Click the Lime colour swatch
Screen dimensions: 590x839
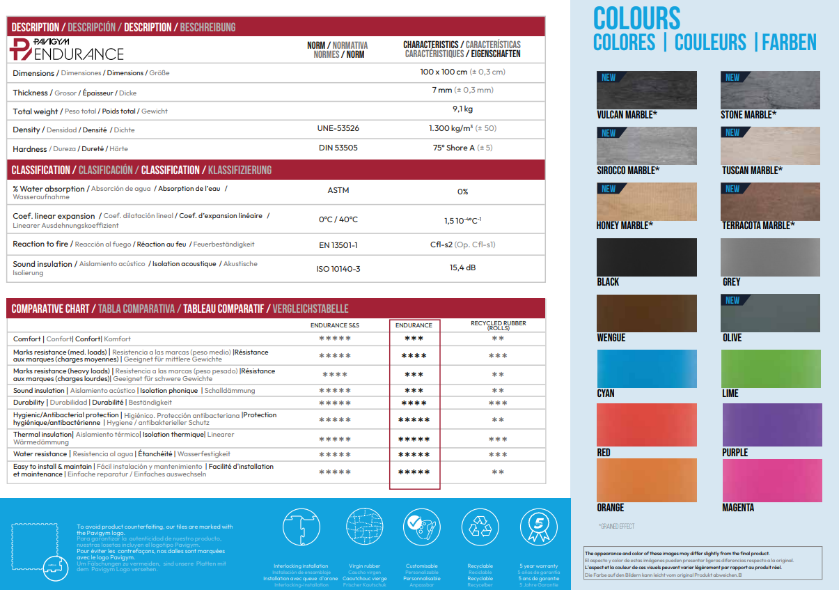point(771,368)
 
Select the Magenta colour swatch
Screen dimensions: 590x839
point(771,481)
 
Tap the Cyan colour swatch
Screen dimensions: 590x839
point(647,368)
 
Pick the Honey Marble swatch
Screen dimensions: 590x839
point(647,201)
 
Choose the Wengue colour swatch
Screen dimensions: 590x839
point(647,313)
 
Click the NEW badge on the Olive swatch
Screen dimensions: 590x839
point(732,300)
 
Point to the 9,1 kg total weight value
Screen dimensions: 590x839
point(462,109)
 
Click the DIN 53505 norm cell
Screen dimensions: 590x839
point(338,148)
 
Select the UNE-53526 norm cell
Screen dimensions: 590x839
point(338,128)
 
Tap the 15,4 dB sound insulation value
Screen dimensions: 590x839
point(462,267)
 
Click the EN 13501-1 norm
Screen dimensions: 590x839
point(338,245)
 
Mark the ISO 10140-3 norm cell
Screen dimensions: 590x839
point(338,269)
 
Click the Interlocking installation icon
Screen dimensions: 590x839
point(301,527)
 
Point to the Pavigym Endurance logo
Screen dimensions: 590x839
point(68,50)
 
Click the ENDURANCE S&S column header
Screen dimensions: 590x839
point(335,325)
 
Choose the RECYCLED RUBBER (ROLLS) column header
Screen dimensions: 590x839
point(498,325)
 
